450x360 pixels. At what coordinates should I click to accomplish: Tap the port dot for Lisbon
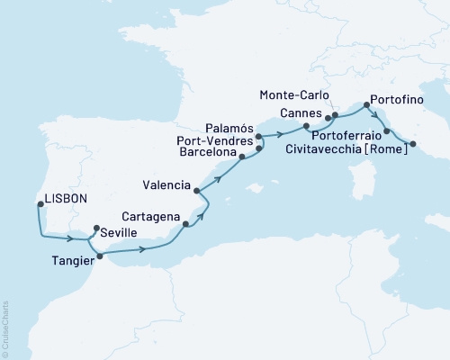[40, 204]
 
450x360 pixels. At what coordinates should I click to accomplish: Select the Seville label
[121, 232]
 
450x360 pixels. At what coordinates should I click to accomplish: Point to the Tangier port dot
[99, 256]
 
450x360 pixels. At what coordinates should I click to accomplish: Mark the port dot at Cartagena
[184, 224]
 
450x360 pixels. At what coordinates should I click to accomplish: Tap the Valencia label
[165, 186]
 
